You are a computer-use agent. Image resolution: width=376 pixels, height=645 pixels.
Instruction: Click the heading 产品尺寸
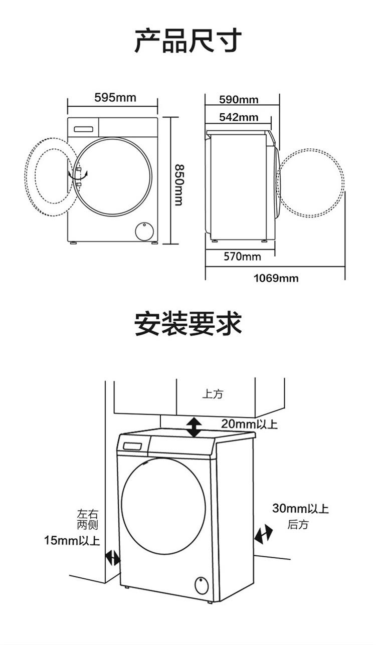pos(188,41)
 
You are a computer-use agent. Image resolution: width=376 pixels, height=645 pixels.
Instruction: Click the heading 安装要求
pos(188,324)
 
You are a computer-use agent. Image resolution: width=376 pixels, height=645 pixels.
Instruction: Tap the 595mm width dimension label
pos(115,97)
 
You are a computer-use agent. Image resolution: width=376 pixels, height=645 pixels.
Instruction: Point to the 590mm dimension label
pos(239,99)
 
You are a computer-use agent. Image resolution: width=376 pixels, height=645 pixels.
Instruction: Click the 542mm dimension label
pos(239,117)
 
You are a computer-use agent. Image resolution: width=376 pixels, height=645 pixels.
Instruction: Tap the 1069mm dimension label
pos(275,278)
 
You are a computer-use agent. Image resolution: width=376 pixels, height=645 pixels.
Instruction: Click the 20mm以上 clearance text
pos(249,424)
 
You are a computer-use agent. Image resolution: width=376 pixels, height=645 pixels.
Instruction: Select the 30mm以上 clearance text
pos(300,508)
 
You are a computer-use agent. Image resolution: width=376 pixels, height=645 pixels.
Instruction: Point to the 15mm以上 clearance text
pos(72,540)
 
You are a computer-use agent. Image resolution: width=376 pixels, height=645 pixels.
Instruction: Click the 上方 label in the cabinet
pos(213,394)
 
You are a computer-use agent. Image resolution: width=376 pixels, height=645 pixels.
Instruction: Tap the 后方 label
pos(298,525)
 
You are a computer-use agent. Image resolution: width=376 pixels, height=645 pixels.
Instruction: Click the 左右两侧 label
pos(87,520)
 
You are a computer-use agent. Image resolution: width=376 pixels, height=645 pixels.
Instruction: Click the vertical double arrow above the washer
pos(194,426)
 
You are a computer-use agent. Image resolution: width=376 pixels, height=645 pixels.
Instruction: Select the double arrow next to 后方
pos(263,535)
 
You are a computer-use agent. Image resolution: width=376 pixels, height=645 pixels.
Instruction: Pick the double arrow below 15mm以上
pos(113,558)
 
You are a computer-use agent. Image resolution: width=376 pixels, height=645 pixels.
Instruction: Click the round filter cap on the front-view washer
pos(145,231)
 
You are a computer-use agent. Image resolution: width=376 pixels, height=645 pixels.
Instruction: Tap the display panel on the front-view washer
pos(84,129)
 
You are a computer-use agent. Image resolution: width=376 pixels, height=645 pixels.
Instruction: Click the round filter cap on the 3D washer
pos(202,584)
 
